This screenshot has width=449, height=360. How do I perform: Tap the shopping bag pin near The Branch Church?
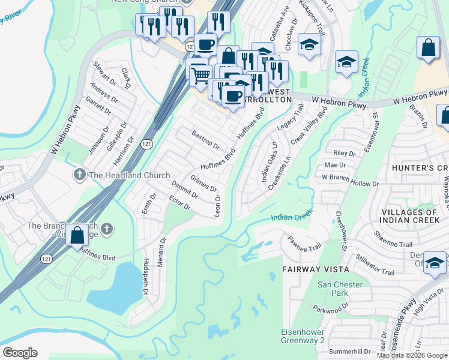[77, 235]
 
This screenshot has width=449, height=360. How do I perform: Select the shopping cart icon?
[201, 75]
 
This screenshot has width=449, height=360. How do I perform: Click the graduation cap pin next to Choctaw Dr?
[310, 45]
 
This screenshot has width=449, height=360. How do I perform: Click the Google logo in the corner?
[20, 353]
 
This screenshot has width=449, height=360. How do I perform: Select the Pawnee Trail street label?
[305, 243]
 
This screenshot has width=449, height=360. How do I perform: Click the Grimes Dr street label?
[203, 183]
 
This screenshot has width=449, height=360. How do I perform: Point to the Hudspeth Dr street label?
[146, 277]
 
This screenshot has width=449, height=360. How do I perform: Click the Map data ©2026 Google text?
[412, 355]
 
